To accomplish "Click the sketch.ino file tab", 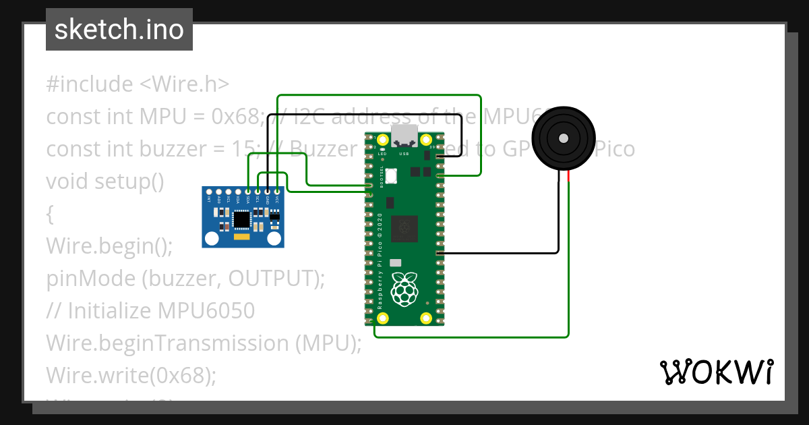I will [119, 30].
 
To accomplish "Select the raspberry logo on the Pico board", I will [404, 289].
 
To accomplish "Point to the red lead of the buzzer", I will [568, 177].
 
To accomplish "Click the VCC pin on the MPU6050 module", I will [277, 192].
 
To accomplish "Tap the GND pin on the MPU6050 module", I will [268, 192].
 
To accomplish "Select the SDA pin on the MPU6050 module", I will [248, 192].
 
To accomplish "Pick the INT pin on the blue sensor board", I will [210, 192].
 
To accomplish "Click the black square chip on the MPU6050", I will [241, 219].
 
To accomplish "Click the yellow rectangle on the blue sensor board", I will [241, 237].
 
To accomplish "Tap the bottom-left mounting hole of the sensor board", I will [212, 238].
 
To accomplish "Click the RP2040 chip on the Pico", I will [404, 227].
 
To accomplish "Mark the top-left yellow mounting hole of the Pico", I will [383, 140].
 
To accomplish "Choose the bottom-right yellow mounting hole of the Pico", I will [426, 318].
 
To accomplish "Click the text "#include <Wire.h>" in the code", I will [138, 84].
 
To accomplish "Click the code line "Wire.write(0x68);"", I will [131, 374].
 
